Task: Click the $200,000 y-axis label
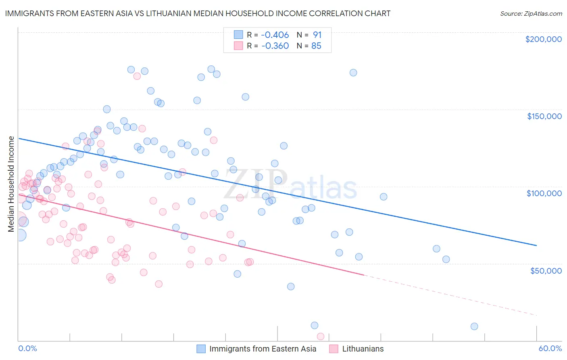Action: tap(543, 39)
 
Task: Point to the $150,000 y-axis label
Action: tap(544, 116)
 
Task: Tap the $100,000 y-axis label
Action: tap(544, 193)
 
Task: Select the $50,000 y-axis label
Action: tap(546, 270)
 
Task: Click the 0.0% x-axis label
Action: tap(27, 348)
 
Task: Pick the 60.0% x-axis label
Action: tap(550, 348)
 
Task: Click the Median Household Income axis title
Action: tap(11, 184)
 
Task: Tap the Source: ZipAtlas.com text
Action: tap(531, 14)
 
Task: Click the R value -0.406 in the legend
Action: tap(275, 35)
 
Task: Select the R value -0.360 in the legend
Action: tap(275, 46)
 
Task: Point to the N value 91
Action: tap(317, 35)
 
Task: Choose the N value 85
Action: tap(316, 46)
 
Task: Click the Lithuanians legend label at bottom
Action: tap(363, 349)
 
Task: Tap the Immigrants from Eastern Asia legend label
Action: tap(263, 349)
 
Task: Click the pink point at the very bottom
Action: tap(321, 336)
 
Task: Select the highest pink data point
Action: tap(137, 76)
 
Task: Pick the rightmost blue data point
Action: tap(474, 327)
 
